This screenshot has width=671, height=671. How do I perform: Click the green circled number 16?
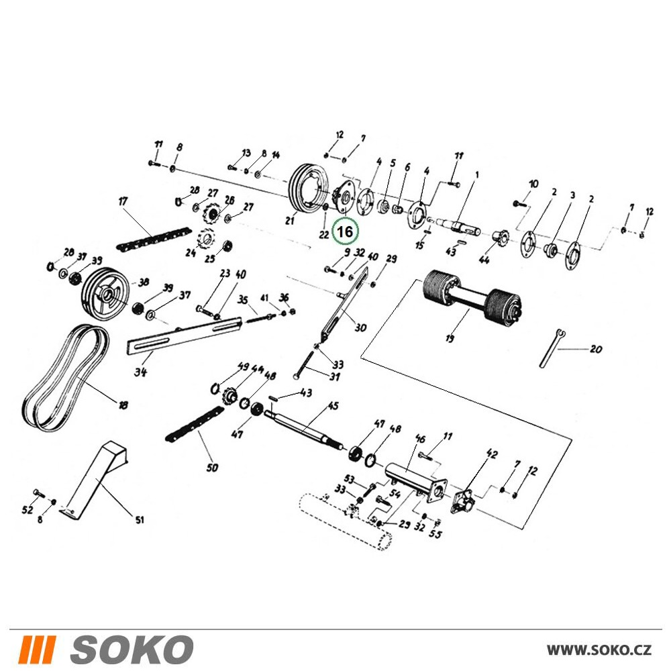[346, 231]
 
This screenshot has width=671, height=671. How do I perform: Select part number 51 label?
[140, 521]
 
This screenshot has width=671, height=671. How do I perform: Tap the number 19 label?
[450, 338]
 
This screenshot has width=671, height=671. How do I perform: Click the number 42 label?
[492, 454]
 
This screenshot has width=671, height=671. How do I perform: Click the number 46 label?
[421, 439]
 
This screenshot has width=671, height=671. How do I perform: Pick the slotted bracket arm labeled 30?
[344, 304]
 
